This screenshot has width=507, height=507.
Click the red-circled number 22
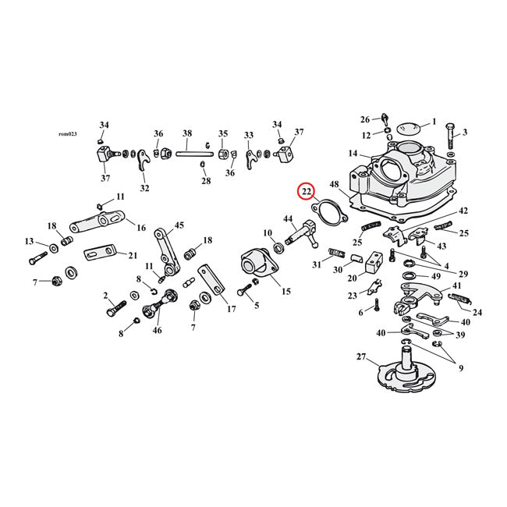tap(306, 191)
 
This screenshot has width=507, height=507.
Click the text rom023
tap(69, 133)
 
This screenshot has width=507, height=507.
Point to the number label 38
tap(187, 133)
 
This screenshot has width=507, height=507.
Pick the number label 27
tap(361, 358)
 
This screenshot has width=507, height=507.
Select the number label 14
tap(353, 154)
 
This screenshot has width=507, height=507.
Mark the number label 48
tap(334, 185)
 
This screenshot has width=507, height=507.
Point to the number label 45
tap(179, 225)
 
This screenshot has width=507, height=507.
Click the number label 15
tap(285, 291)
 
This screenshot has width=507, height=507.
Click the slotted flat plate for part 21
tap(98, 253)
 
